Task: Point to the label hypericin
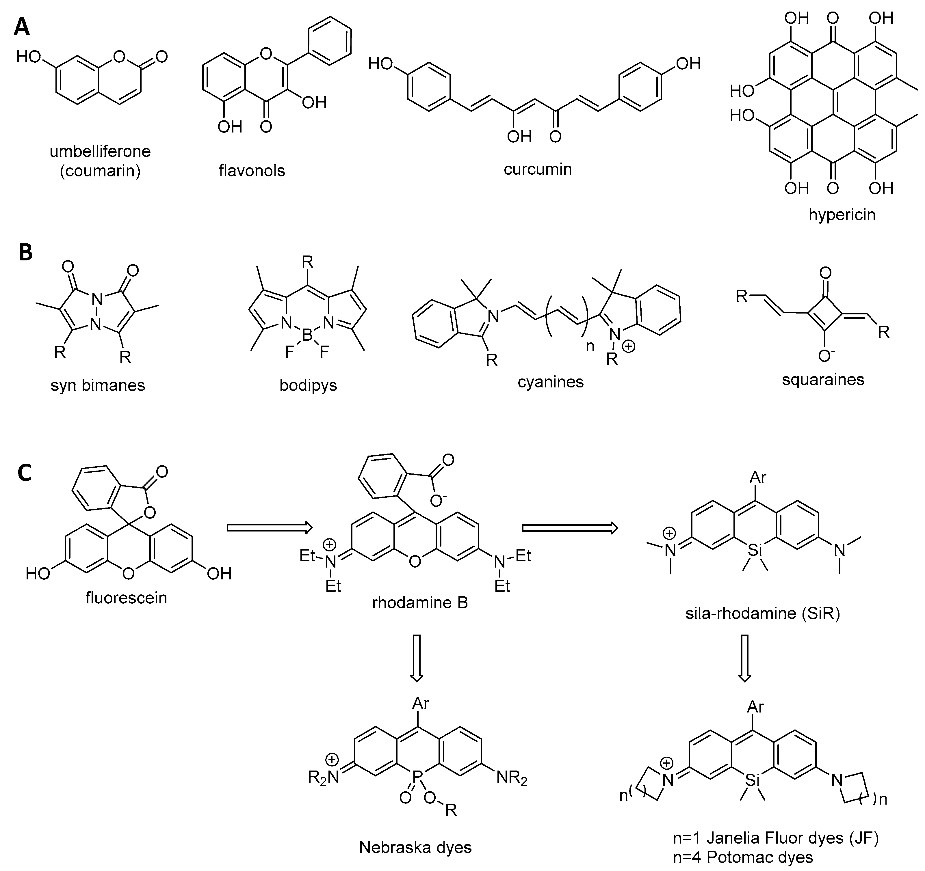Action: [x=842, y=215]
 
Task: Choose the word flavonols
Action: [x=252, y=171]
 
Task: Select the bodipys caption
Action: [x=308, y=385]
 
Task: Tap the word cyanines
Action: [x=550, y=382]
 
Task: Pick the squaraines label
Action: [x=823, y=379]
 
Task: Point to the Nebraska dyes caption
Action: [x=415, y=847]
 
